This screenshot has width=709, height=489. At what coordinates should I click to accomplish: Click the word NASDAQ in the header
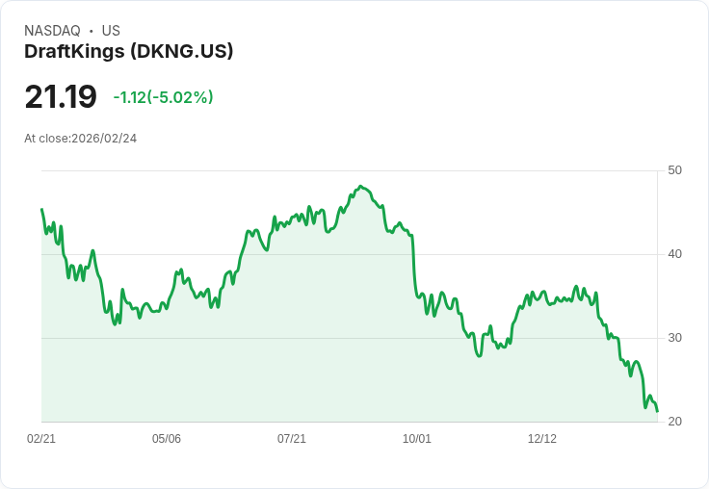coord(52,31)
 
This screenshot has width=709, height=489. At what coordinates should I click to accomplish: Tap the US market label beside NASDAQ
coord(111,31)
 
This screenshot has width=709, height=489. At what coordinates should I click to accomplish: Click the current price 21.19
coord(61,97)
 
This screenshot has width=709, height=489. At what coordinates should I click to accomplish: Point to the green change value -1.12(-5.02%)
coord(163,97)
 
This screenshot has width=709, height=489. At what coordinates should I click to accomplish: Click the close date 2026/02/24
coord(104,139)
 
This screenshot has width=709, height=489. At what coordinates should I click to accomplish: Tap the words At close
coord(46,139)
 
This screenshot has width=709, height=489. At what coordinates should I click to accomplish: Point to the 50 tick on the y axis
coord(674,170)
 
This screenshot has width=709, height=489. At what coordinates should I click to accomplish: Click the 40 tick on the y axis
coord(674,254)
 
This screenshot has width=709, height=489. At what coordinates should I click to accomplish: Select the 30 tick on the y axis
coord(674,338)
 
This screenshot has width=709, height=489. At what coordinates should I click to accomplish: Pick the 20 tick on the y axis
coord(674,422)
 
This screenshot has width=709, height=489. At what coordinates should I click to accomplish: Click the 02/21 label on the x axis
coord(41,439)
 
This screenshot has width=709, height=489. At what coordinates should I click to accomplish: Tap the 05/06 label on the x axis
coord(167,439)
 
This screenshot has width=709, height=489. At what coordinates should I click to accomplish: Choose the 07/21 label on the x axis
coord(292,439)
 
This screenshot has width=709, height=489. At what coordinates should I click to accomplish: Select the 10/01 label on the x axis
coord(417,439)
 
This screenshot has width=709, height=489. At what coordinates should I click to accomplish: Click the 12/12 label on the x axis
coord(542,439)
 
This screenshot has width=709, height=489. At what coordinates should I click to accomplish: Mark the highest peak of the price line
coord(360,186)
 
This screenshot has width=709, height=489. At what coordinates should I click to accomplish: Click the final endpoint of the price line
coord(657,411)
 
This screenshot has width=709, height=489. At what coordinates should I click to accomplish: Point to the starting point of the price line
coord(41,209)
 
